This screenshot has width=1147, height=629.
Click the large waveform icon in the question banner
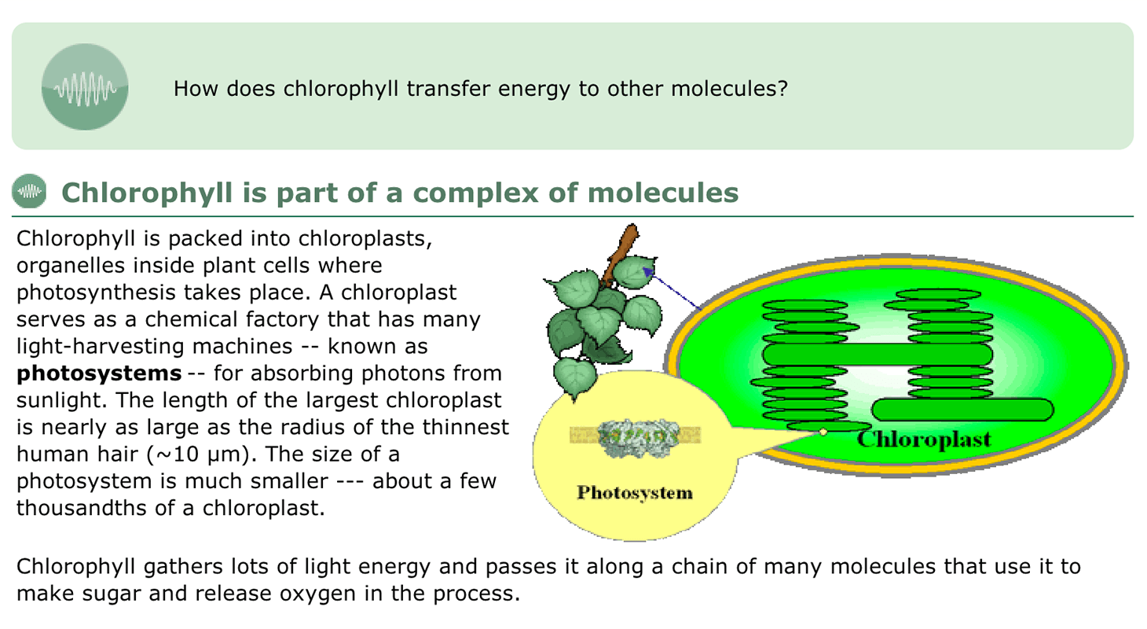pyautogui.click(x=85, y=86)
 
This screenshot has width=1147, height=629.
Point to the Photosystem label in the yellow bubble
pyautogui.click(x=635, y=493)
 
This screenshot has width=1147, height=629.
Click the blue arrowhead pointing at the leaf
pyautogui.click(x=647, y=272)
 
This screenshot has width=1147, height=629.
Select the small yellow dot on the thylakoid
pyautogui.click(x=823, y=432)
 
